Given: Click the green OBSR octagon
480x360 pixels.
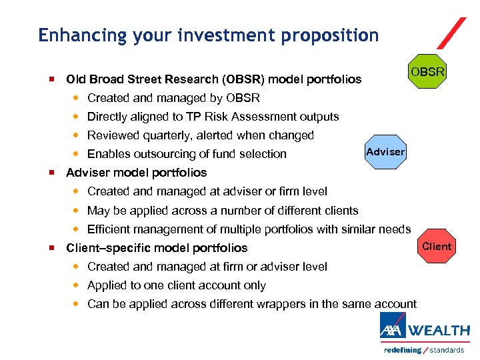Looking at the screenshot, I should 427,71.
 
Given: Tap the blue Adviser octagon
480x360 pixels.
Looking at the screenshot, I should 385,152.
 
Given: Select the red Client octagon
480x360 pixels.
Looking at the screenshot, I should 437,247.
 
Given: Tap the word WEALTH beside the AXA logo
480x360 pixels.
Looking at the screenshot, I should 439,331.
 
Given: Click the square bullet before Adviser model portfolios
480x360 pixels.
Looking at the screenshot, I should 51,173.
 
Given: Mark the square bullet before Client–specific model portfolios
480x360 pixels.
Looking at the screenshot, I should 51,248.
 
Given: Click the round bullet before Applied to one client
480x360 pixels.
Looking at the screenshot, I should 76,285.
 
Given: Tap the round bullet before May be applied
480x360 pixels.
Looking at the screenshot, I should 76,211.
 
